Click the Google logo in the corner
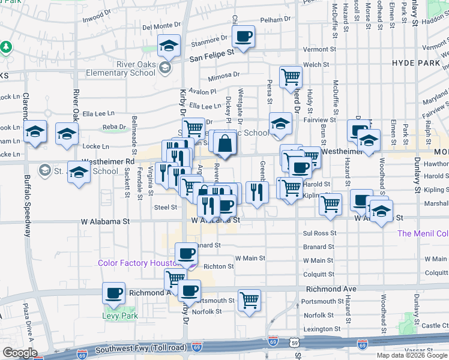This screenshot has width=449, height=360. pyautogui.click(x=19, y=353)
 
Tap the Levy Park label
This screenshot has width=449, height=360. pyautogui.click(x=120, y=316)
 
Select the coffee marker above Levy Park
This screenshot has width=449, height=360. pyautogui.click(x=113, y=293)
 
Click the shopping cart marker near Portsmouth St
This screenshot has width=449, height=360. pyautogui.click(x=249, y=300)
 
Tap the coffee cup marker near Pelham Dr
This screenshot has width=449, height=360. pyautogui.click(x=243, y=37)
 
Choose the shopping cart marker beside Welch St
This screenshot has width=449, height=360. pyautogui.click(x=291, y=77)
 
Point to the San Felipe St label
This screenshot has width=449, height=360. pyautogui.click(x=211, y=54)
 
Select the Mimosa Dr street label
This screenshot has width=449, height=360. pyautogui.click(x=223, y=76)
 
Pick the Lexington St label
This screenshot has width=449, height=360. pyautogui.click(x=318, y=329)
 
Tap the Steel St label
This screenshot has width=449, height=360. pyautogui.click(x=165, y=207)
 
